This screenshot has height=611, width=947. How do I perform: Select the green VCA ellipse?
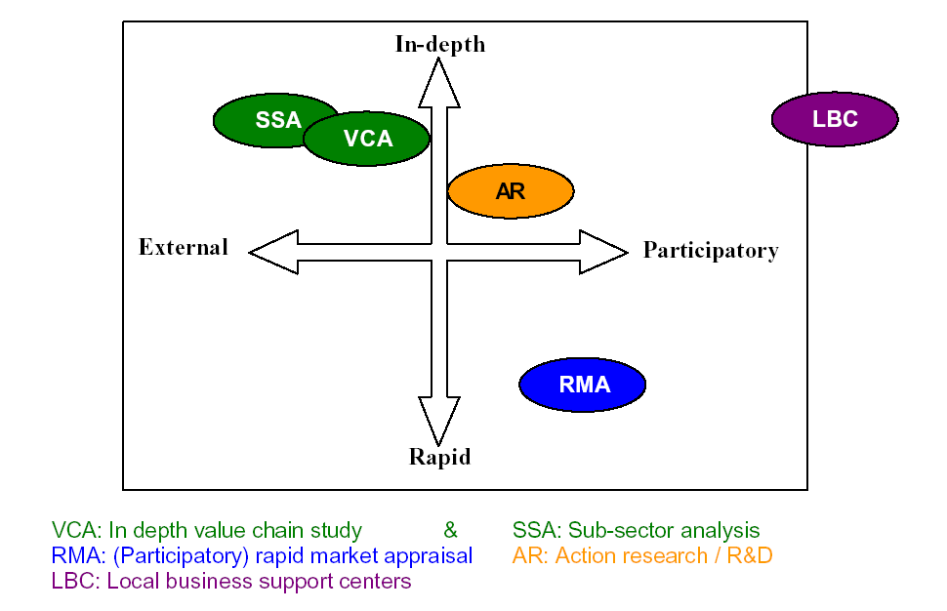[367, 139]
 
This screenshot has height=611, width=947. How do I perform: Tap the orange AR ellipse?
[511, 190]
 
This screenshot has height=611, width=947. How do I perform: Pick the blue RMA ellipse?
[583, 385]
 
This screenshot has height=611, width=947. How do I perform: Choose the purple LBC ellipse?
[836, 119]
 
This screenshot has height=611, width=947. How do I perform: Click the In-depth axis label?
[439, 44]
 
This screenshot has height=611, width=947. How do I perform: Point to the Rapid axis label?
[439, 457]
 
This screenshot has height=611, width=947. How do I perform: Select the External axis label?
[183, 247]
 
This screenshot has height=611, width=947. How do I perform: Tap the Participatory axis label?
[711, 251]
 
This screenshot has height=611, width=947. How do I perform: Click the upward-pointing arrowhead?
[439, 83]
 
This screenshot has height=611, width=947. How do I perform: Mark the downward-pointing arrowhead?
[439, 422]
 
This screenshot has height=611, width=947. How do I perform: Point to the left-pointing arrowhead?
[273, 252]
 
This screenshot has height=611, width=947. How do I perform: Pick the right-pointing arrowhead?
[604, 252]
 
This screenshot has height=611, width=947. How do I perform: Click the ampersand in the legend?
[450, 530]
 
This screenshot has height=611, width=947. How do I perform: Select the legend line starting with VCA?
[207, 531]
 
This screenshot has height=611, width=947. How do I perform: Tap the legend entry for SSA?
[636, 530]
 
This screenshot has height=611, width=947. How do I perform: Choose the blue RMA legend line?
[262, 556]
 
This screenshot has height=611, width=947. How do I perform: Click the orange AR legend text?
[642, 555]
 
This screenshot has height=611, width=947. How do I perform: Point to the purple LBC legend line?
[231, 582]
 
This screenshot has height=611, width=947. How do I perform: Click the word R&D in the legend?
[750, 555]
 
